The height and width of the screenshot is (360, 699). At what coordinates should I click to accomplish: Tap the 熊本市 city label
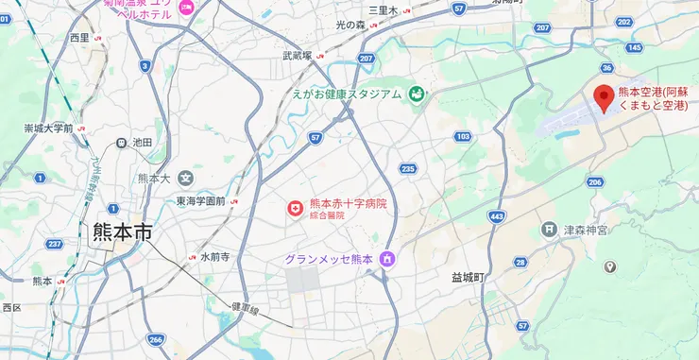(x=123, y=233)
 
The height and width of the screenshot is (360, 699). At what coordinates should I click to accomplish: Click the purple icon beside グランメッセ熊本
(x=386, y=259)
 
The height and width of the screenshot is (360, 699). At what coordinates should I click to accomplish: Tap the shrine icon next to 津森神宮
(x=549, y=230)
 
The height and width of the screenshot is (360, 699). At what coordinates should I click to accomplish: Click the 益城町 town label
(x=467, y=278)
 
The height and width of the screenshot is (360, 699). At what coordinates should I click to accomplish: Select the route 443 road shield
(x=497, y=216)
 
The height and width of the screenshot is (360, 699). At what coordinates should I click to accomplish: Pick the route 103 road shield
(x=462, y=137)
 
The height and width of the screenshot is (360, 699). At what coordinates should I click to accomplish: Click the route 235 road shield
(x=407, y=168)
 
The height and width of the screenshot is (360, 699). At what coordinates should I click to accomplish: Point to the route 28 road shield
(x=520, y=261)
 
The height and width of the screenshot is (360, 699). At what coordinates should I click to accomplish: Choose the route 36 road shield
(x=606, y=67)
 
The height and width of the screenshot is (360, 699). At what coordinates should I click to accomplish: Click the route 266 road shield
(x=156, y=340)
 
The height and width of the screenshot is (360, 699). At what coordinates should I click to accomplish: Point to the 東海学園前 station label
(x=200, y=201)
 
